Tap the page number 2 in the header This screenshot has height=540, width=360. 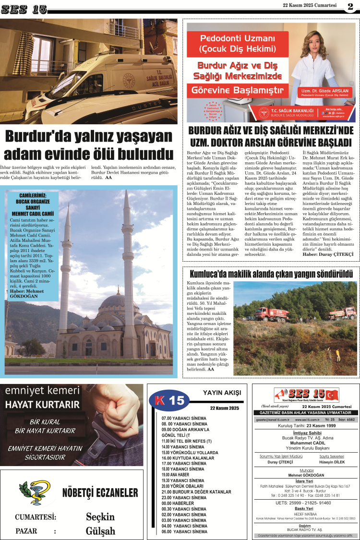350,6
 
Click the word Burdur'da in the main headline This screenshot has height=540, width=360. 38,137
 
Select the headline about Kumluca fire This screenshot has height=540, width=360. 271,274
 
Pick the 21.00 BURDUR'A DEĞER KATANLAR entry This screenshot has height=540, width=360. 196,492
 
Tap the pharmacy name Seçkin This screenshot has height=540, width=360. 100,516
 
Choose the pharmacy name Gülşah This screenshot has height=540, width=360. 100,531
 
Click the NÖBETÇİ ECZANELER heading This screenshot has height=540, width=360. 100,493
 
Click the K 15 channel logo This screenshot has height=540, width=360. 168,400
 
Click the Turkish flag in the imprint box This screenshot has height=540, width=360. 332,396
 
